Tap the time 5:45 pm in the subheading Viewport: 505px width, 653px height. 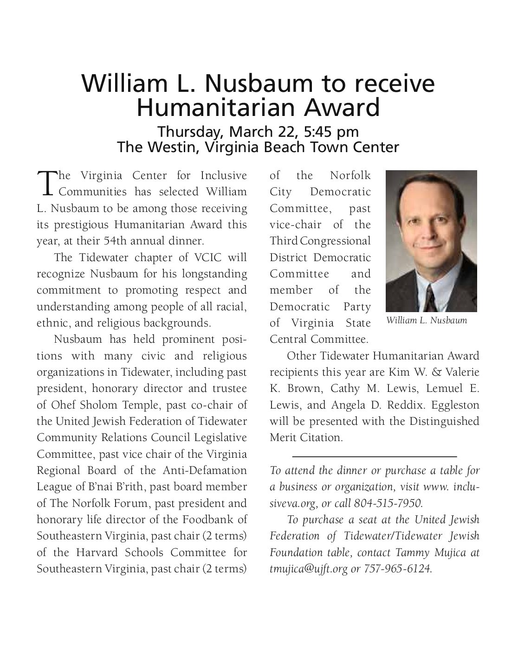tap(331, 131)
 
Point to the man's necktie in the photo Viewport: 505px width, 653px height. tap(430, 299)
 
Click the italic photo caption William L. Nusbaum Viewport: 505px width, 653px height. tap(426, 320)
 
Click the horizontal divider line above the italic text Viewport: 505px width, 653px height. tap(375, 457)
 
